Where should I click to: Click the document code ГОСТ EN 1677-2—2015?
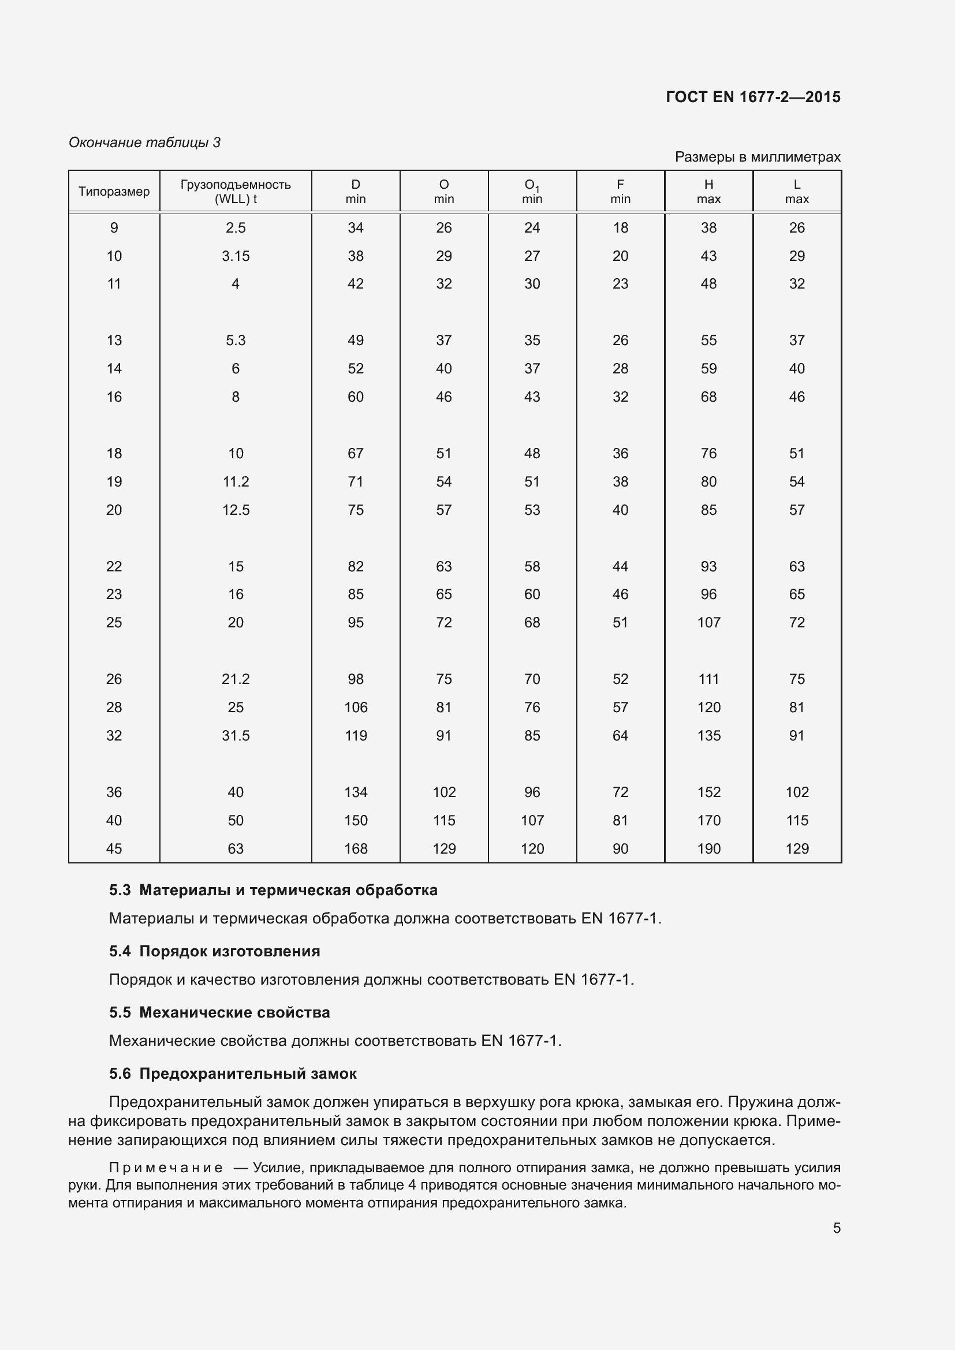tap(753, 97)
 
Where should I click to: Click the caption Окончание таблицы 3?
tap(144, 143)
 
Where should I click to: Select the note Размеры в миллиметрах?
tap(758, 157)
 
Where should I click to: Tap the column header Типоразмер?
tap(114, 192)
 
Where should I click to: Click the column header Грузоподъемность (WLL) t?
tap(235, 192)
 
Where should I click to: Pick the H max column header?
tap(708, 192)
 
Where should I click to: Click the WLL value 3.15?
tap(235, 256)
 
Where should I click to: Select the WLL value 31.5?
tap(235, 735)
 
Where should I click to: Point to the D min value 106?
tap(356, 708)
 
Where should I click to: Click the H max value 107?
tap(708, 622)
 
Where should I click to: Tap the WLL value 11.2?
tap(235, 481)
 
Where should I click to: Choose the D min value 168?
tap(356, 848)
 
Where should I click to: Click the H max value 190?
tap(708, 848)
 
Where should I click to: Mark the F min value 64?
tap(620, 735)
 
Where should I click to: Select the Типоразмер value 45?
tap(114, 848)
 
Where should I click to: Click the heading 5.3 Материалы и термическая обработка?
tap(273, 890)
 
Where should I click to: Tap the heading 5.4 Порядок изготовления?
tap(214, 951)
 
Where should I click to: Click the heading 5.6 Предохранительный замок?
tap(232, 1074)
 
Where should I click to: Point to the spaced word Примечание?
tap(166, 1168)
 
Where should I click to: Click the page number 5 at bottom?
tap(836, 1228)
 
